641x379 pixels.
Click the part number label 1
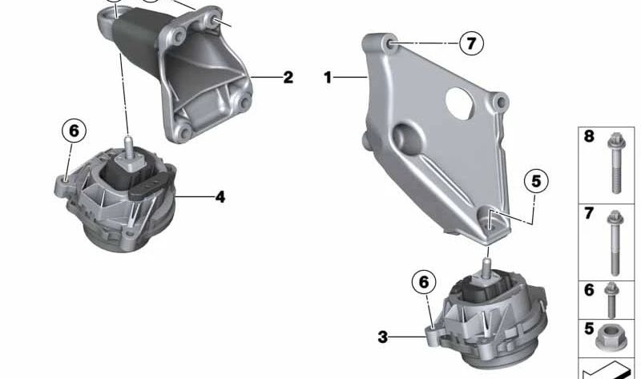[x=327, y=77]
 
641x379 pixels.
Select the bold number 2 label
[x=288, y=78]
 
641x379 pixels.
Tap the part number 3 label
[x=383, y=337]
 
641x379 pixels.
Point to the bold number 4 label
[x=220, y=196]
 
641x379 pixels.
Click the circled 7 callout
[x=471, y=43]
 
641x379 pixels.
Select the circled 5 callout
[x=536, y=182]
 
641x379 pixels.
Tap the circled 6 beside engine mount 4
[x=73, y=131]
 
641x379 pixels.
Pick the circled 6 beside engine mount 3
[x=425, y=281]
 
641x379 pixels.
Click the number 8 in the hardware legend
[x=589, y=137]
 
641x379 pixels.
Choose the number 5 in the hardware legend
[x=589, y=328]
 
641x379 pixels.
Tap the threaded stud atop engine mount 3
[x=486, y=261]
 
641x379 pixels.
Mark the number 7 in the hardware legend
[x=589, y=213]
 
